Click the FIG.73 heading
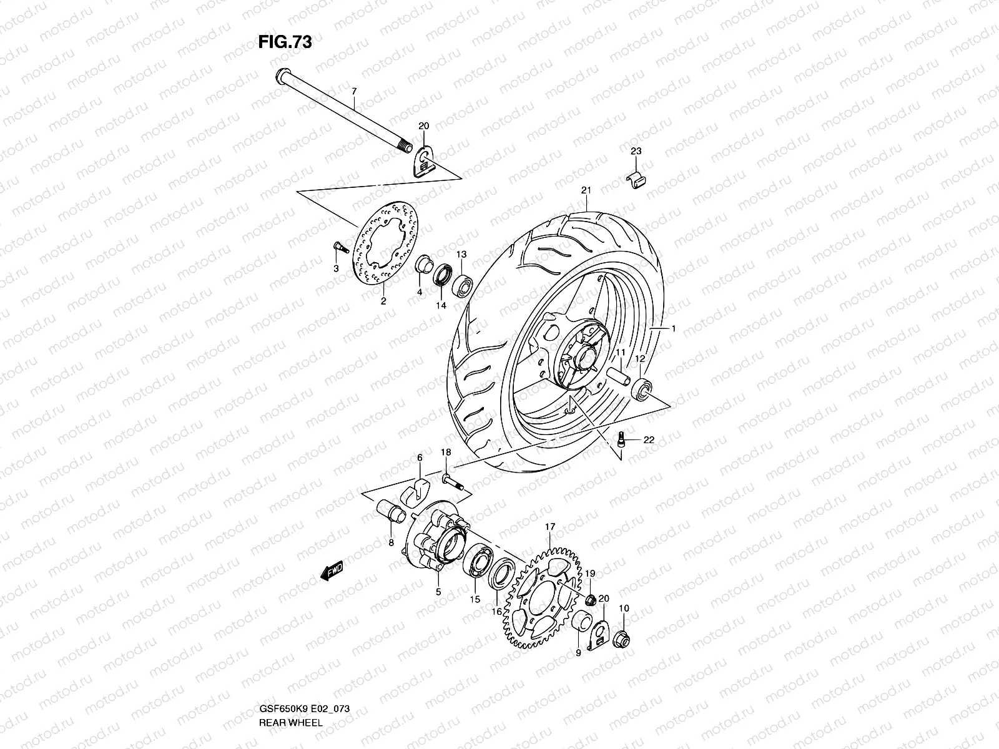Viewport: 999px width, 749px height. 285,42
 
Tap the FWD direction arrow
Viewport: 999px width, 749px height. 333,570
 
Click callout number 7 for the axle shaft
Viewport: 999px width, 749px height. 353,92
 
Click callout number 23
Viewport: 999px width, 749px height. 636,151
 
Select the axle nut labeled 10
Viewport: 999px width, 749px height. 623,638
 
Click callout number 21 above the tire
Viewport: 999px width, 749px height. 586,190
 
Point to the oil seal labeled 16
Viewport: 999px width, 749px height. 501,575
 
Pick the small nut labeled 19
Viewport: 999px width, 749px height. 589,600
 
